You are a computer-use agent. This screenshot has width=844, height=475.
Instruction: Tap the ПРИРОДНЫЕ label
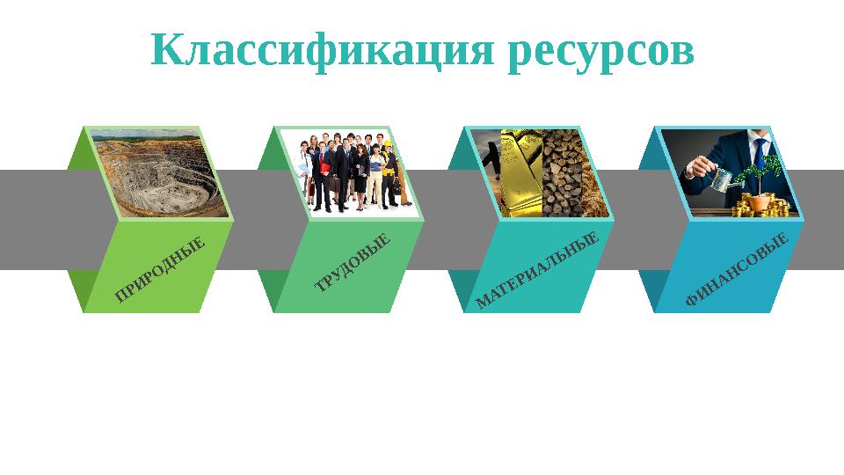pyautogui.click(x=160, y=269)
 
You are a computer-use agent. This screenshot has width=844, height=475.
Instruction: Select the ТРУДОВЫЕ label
pyautogui.click(x=353, y=262)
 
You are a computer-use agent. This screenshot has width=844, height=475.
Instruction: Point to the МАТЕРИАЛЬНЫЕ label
pyautogui.click(x=537, y=269)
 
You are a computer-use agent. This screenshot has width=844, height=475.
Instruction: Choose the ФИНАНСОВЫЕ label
pyautogui.click(x=738, y=269)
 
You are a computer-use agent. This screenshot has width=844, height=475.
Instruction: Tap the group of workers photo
pyautogui.click(x=352, y=172)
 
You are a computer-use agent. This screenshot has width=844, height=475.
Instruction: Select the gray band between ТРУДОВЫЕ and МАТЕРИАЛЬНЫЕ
pyautogui.click(x=435, y=220)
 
